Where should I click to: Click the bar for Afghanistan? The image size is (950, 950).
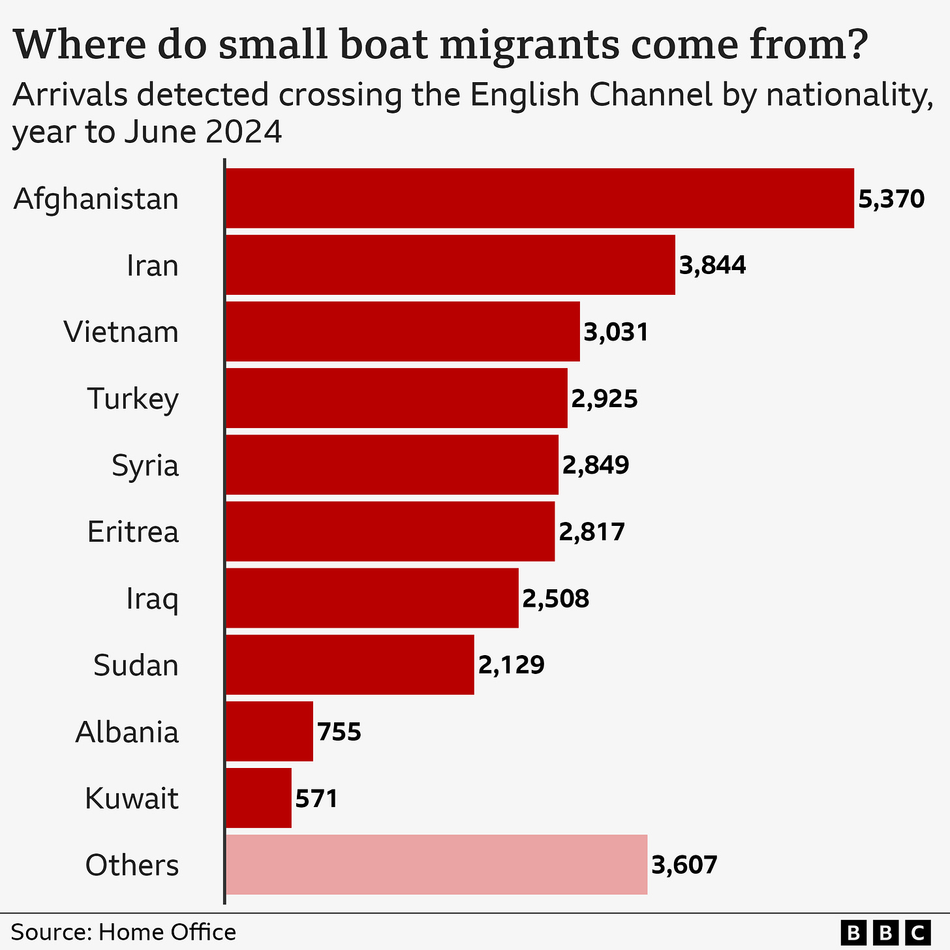click(x=540, y=198)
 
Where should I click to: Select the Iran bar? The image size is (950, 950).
click(x=450, y=265)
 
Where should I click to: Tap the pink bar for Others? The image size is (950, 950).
click(x=436, y=865)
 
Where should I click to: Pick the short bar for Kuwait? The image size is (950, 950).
click(x=258, y=798)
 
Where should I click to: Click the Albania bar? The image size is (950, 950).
click(x=269, y=731)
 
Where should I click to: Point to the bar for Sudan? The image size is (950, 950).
click(x=350, y=665)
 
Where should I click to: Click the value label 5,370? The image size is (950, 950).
click(x=891, y=199)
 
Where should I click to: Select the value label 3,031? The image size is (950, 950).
click(x=616, y=332)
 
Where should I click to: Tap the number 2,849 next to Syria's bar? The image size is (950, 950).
click(x=596, y=465)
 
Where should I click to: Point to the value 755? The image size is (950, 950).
click(x=339, y=731)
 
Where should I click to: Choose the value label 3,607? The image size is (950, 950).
click(x=684, y=865)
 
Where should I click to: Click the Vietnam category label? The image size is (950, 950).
click(x=121, y=332)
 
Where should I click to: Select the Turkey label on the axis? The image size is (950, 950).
click(x=132, y=399)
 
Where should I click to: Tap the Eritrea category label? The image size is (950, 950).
click(x=133, y=532)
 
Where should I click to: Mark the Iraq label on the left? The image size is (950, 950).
click(x=152, y=598)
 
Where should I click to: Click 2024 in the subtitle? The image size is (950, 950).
click(x=244, y=132)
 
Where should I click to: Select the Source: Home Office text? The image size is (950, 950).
click(x=123, y=932)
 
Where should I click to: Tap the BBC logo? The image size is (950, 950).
click(x=885, y=931)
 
